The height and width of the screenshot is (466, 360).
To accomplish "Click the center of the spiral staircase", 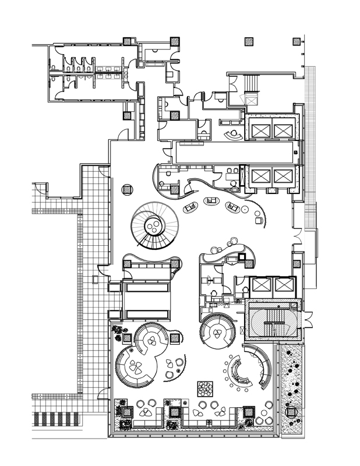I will click(154, 225).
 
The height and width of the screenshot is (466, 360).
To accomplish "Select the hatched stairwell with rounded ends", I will click(272, 321).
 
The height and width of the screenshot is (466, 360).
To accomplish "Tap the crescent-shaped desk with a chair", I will click(235, 135).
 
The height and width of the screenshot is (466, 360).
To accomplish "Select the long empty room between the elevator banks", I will click(233, 154).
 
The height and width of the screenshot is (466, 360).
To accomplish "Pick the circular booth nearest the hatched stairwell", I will click(217, 333).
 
